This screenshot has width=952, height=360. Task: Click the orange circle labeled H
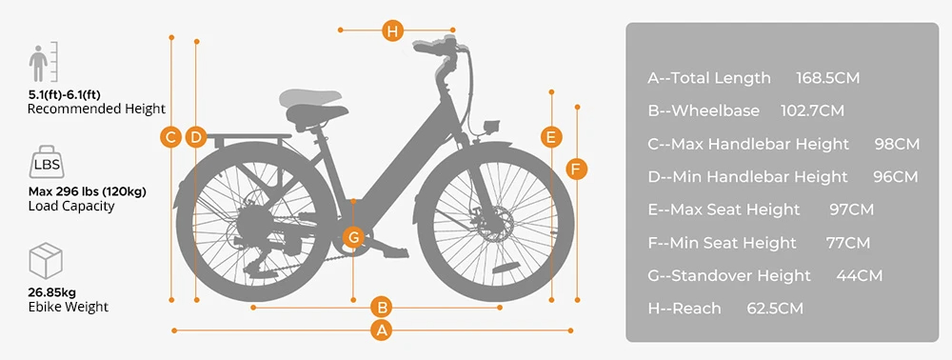pyautogui.click(x=393, y=30)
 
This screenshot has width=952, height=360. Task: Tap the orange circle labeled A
pyautogui.click(x=382, y=330)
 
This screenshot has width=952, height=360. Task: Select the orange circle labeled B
pyautogui.click(x=382, y=308)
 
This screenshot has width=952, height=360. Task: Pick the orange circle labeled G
pyautogui.click(x=353, y=237)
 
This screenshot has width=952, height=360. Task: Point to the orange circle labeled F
pyautogui.click(x=576, y=169)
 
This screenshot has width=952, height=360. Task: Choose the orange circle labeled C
pyautogui.click(x=171, y=137)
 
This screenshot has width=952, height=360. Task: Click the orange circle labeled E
pyautogui.click(x=550, y=137)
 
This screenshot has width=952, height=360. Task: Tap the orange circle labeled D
pyautogui.click(x=195, y=137)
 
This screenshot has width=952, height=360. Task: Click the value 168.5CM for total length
pyautogui.click(x=827, y=78)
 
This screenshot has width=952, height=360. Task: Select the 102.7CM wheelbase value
pyautogui.click(x=812, y=111)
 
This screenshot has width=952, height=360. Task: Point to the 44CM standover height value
pyautogui.click(x=859, y=275)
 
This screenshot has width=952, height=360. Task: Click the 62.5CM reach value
pyautogui.click(x=775, y=309)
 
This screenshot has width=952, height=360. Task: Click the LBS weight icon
pyautogui.click(x=47, y=162)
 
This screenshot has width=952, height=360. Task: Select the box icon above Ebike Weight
pyautogui.click(x=46, y=260)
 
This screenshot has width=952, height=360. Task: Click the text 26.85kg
pyautogui.click(x=52, y=292)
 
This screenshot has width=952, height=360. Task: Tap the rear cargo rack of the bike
pyautogui.click(x=248, y=140)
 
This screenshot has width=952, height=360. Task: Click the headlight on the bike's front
pyautogui.click(x=490, y=128)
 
